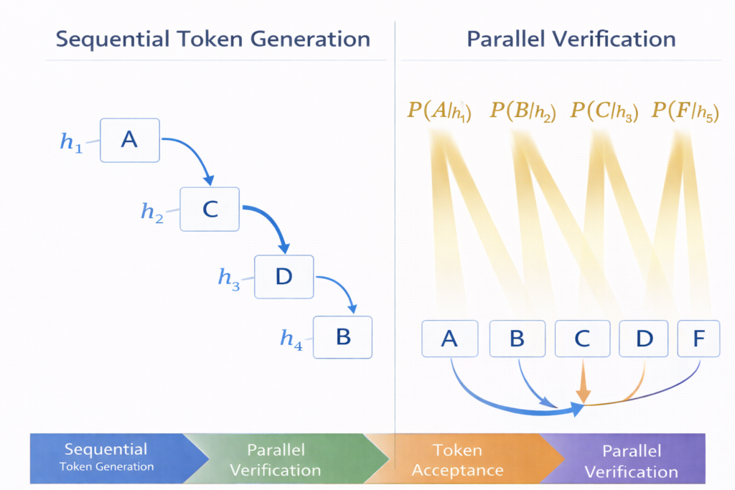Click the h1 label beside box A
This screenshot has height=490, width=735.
[x=70, y=143]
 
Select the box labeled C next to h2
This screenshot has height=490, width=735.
[x=210, y=209]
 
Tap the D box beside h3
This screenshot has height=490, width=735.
[x=285, y=276]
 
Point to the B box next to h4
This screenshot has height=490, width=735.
[x=343, y=336]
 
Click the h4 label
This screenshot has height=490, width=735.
[x=291, y=339]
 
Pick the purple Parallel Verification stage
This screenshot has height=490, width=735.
[x=630, y=460]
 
